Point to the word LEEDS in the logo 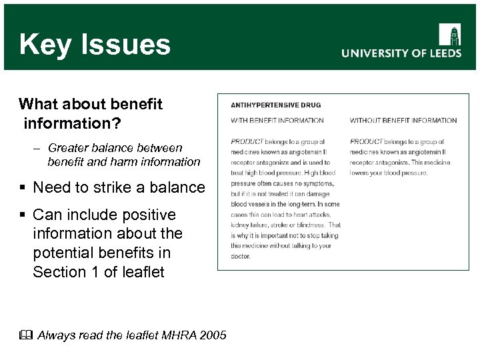(x=441, y=53)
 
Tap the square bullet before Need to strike (x=23, y=187)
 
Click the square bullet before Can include (x=23, y=215)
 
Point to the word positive (x=147, y=215)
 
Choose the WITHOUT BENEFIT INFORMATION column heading (x=403, y=121)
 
